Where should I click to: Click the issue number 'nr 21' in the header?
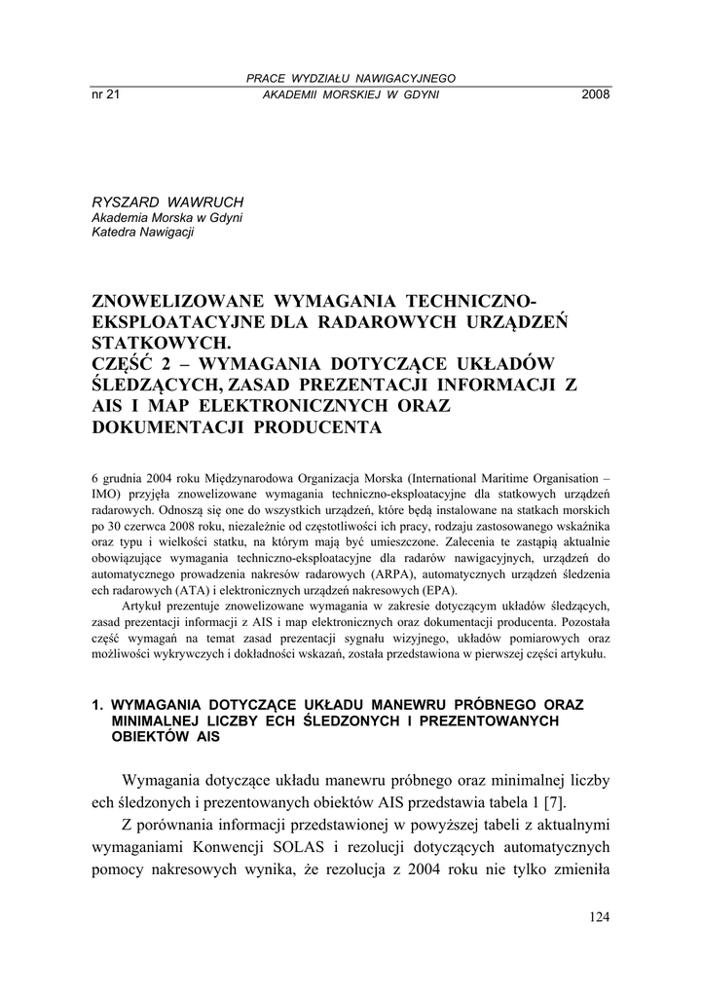coord(104,94)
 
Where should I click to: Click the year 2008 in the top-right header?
coord(594,94)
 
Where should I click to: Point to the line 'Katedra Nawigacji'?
coord(142,233)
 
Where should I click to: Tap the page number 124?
coord(600,917)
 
